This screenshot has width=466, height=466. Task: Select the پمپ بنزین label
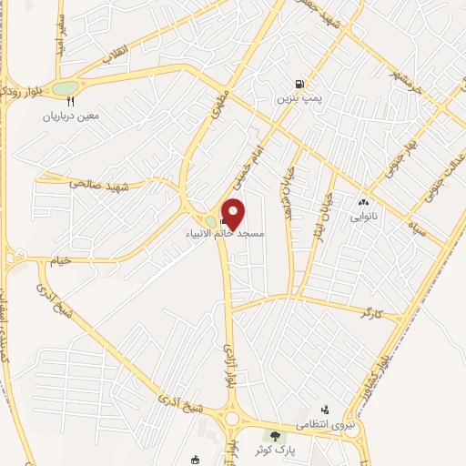coord(300,96)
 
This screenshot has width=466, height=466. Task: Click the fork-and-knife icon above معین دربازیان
coord(70,102)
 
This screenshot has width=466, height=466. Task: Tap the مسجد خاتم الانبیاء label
coord(228,233)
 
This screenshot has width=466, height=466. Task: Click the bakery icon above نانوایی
coord(363,203)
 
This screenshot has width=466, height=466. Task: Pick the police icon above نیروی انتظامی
coord(326,410)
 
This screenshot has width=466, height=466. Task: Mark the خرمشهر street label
coord(406,79)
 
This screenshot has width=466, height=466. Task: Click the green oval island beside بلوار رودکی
coord(64,88)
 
